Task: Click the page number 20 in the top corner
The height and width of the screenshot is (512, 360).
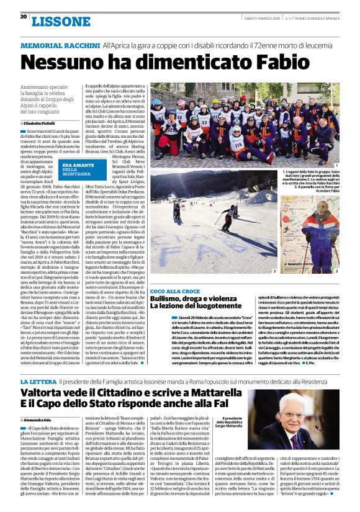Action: tap(23, 17)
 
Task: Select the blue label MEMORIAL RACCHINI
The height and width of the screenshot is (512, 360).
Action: tap(60, 46)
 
